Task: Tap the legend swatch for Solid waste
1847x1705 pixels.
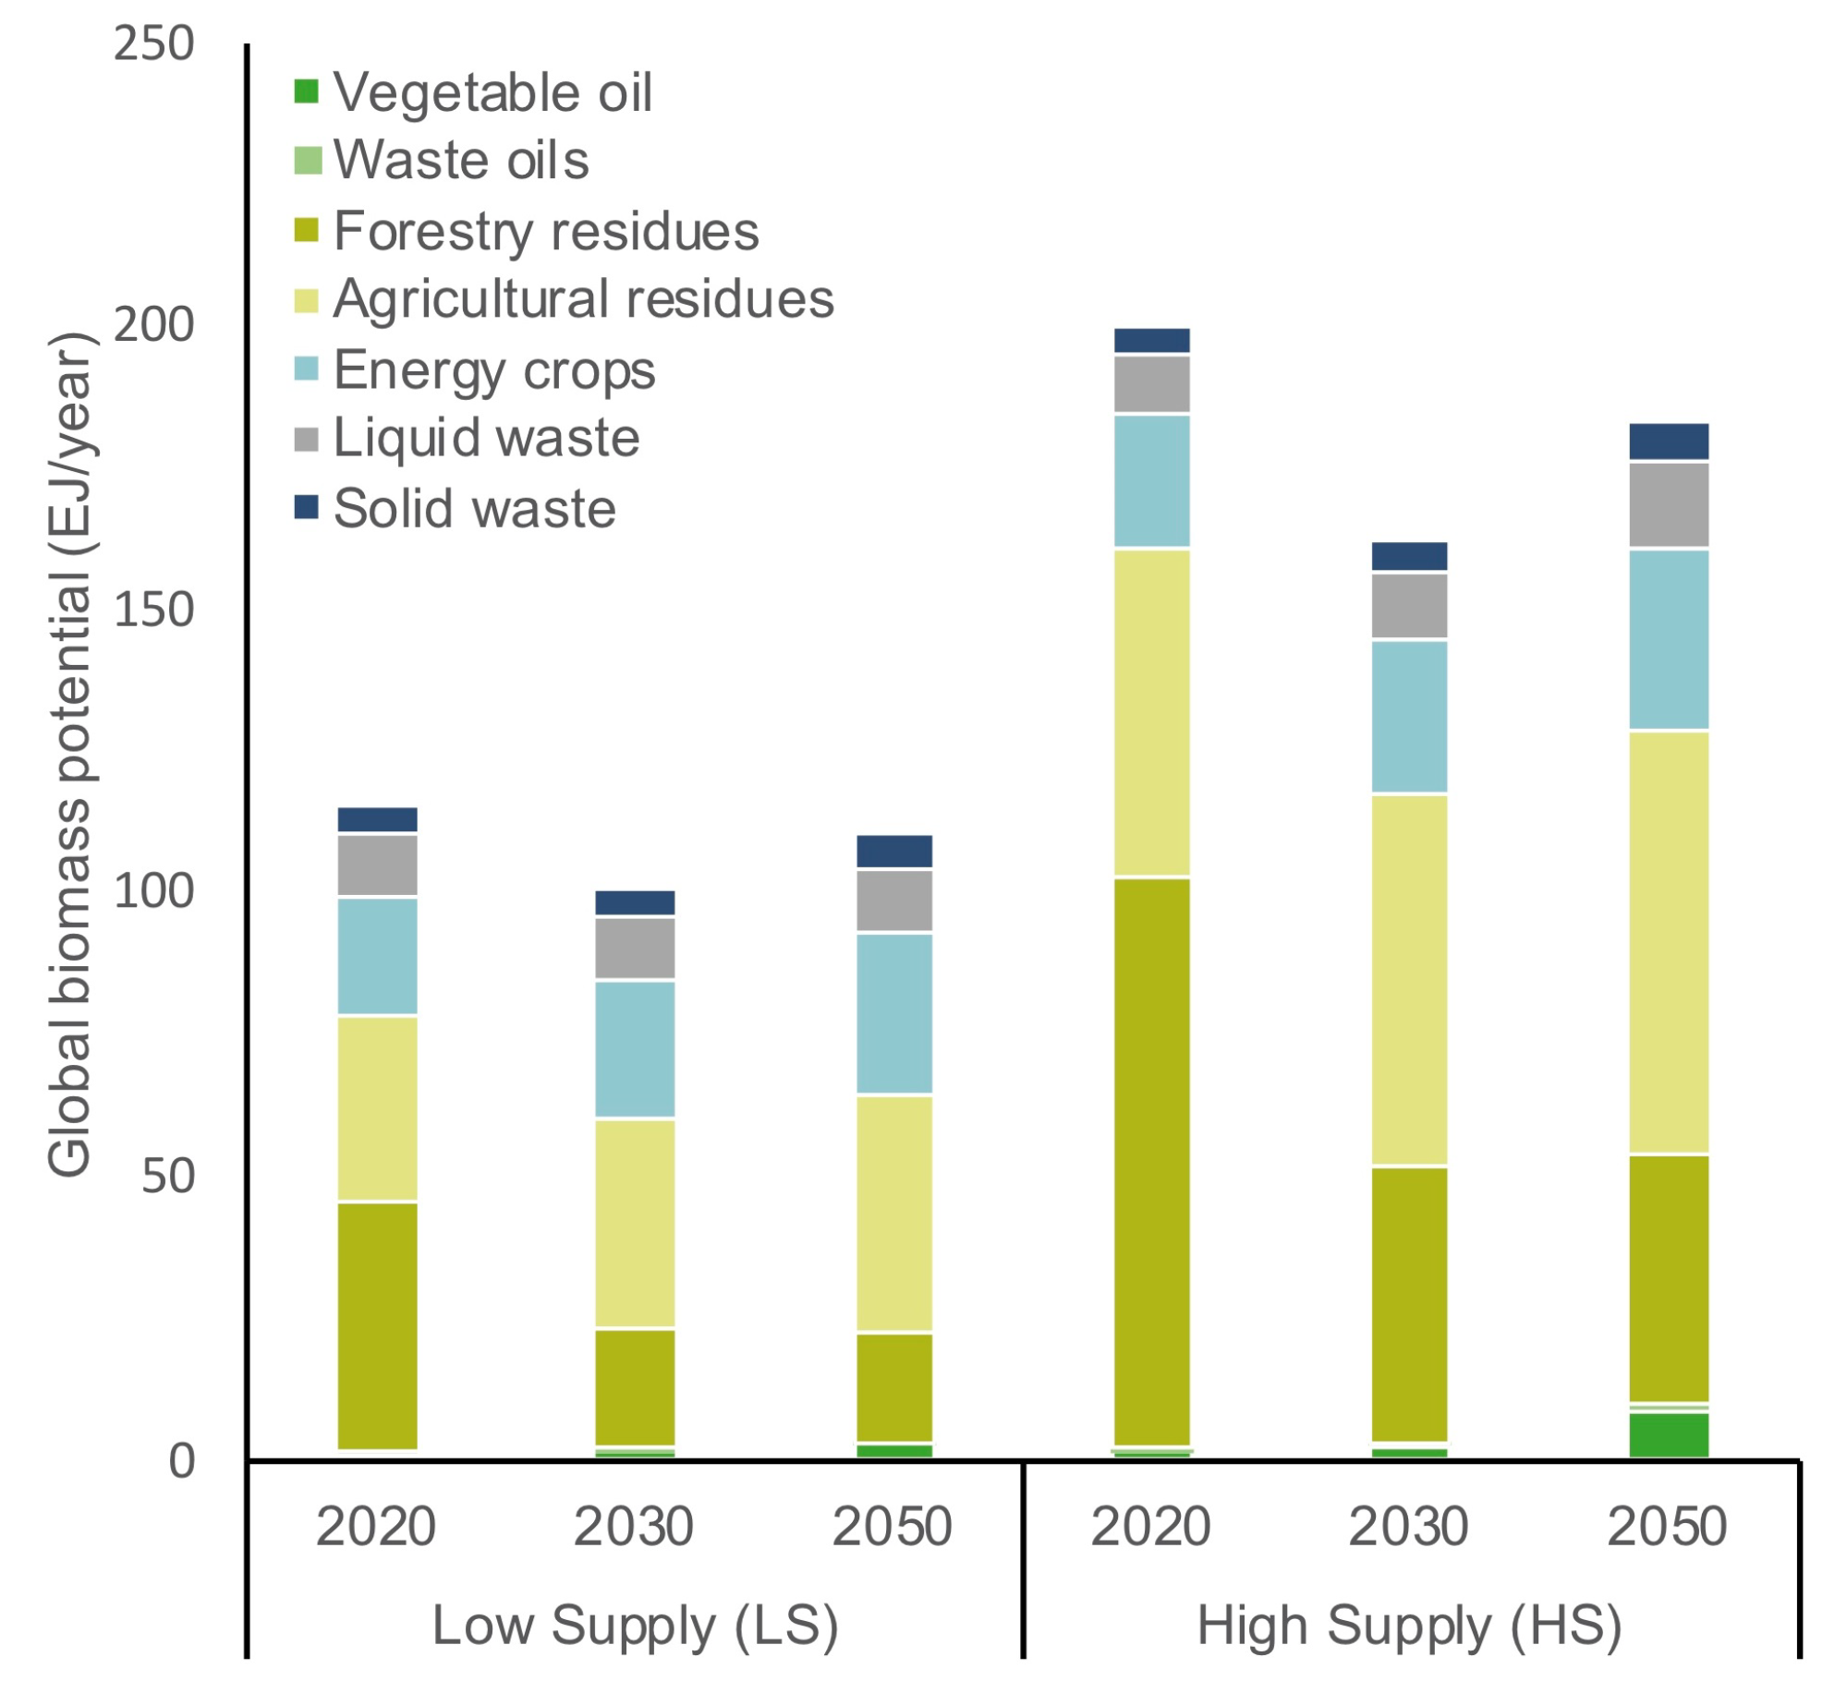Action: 306,507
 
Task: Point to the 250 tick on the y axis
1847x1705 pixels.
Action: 153,43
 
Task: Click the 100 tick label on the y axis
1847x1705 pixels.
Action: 153,890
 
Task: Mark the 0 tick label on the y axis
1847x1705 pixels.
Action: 181,1460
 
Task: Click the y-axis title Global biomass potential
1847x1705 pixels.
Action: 70,753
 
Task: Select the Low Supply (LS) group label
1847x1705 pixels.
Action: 635,1626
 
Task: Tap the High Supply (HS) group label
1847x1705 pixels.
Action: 1409,1626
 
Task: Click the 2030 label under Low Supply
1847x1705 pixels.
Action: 633,1526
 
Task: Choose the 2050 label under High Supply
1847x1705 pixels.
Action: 1666,1526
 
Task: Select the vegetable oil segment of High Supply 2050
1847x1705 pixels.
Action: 1668,1433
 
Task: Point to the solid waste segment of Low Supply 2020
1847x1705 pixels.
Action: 377,819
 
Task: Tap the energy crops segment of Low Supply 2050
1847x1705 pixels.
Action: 893,1013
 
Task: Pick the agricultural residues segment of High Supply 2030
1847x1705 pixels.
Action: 1408,979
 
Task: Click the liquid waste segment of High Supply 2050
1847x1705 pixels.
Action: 1668,505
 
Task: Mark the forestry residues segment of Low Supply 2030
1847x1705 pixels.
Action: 635,1386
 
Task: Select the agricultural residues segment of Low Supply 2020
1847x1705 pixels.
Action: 377,1107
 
